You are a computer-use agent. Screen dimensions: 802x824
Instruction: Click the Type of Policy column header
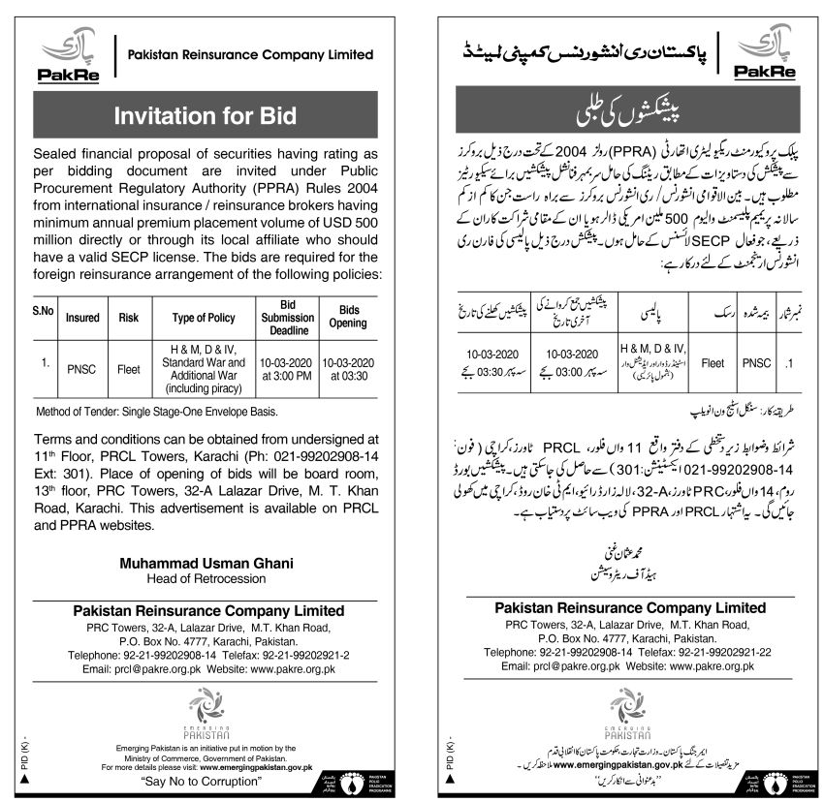(204, 317)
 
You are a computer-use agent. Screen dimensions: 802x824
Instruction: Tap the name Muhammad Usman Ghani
(206, 563)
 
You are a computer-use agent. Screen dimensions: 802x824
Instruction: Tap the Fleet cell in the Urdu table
(713, 364)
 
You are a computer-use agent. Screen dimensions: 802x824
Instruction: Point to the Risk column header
(129, 317)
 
